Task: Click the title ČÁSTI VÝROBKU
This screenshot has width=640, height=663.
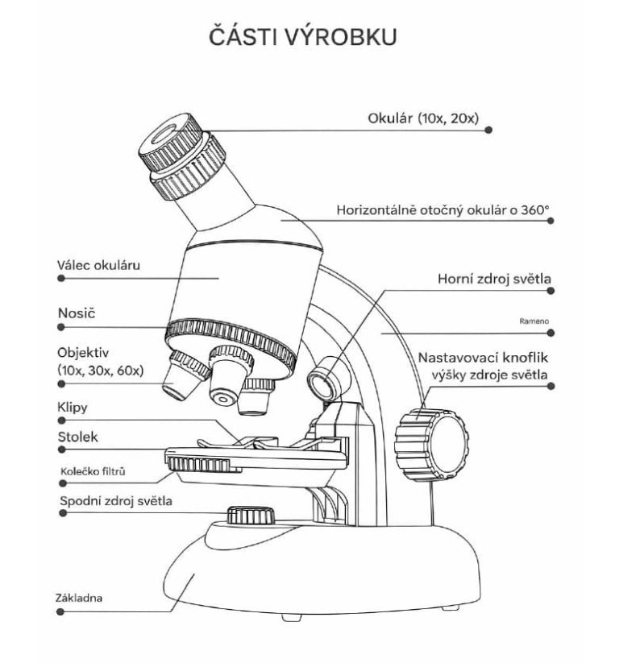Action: (301, 39)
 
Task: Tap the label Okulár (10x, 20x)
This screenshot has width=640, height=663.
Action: (422, 118)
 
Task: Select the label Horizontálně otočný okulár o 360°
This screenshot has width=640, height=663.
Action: (443, 211)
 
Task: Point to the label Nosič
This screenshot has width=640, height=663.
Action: (72, 310)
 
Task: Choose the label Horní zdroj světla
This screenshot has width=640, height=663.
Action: (494, 279)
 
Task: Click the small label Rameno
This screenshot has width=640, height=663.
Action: (534, 321)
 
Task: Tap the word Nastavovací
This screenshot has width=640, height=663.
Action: (455, 357)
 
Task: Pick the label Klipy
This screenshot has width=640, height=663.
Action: (72, 408)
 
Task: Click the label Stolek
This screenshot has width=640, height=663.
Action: (76, 437)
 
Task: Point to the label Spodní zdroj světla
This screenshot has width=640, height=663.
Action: (115, 501)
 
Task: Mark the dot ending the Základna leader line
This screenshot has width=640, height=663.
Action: (61, 612)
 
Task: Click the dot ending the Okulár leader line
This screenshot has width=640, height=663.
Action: (489, 130)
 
